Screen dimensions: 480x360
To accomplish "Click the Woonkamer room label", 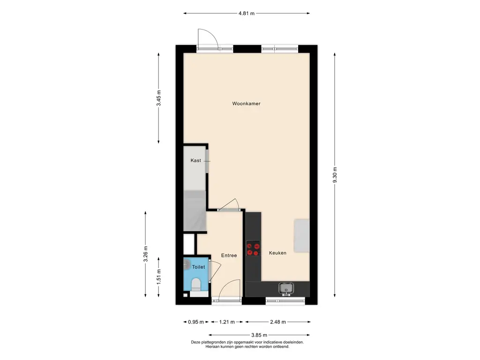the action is [x=246, y=104].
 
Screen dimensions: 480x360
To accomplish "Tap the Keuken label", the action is [x=277, y=253].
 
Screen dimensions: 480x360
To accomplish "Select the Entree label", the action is [x=229, y=255].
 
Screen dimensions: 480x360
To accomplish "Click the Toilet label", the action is [x=198, y=267].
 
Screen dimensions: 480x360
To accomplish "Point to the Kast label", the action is [x=196, y=160].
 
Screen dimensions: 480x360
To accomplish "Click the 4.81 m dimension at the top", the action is [x=247, y=14].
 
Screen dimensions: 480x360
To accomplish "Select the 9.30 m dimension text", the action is [x=335, y=175].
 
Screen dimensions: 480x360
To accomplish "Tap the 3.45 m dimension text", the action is [x=158, y=98].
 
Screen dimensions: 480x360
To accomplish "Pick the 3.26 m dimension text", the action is [x=145, y=254].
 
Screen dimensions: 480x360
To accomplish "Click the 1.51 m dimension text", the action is [x=158, y=277].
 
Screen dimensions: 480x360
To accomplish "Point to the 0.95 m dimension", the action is [x=196, y=322].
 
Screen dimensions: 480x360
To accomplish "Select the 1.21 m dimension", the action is [x=227, y=322].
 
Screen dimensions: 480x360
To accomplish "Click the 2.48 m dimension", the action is [x=278, y=322].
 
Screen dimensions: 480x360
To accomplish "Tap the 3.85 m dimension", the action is [x=259, y=335].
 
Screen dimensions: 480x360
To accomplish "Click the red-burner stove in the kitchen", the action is [x=253, y=248].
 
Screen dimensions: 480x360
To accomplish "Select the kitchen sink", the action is [x=286, y=289].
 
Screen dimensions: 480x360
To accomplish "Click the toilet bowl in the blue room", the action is [x=195, y=285].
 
